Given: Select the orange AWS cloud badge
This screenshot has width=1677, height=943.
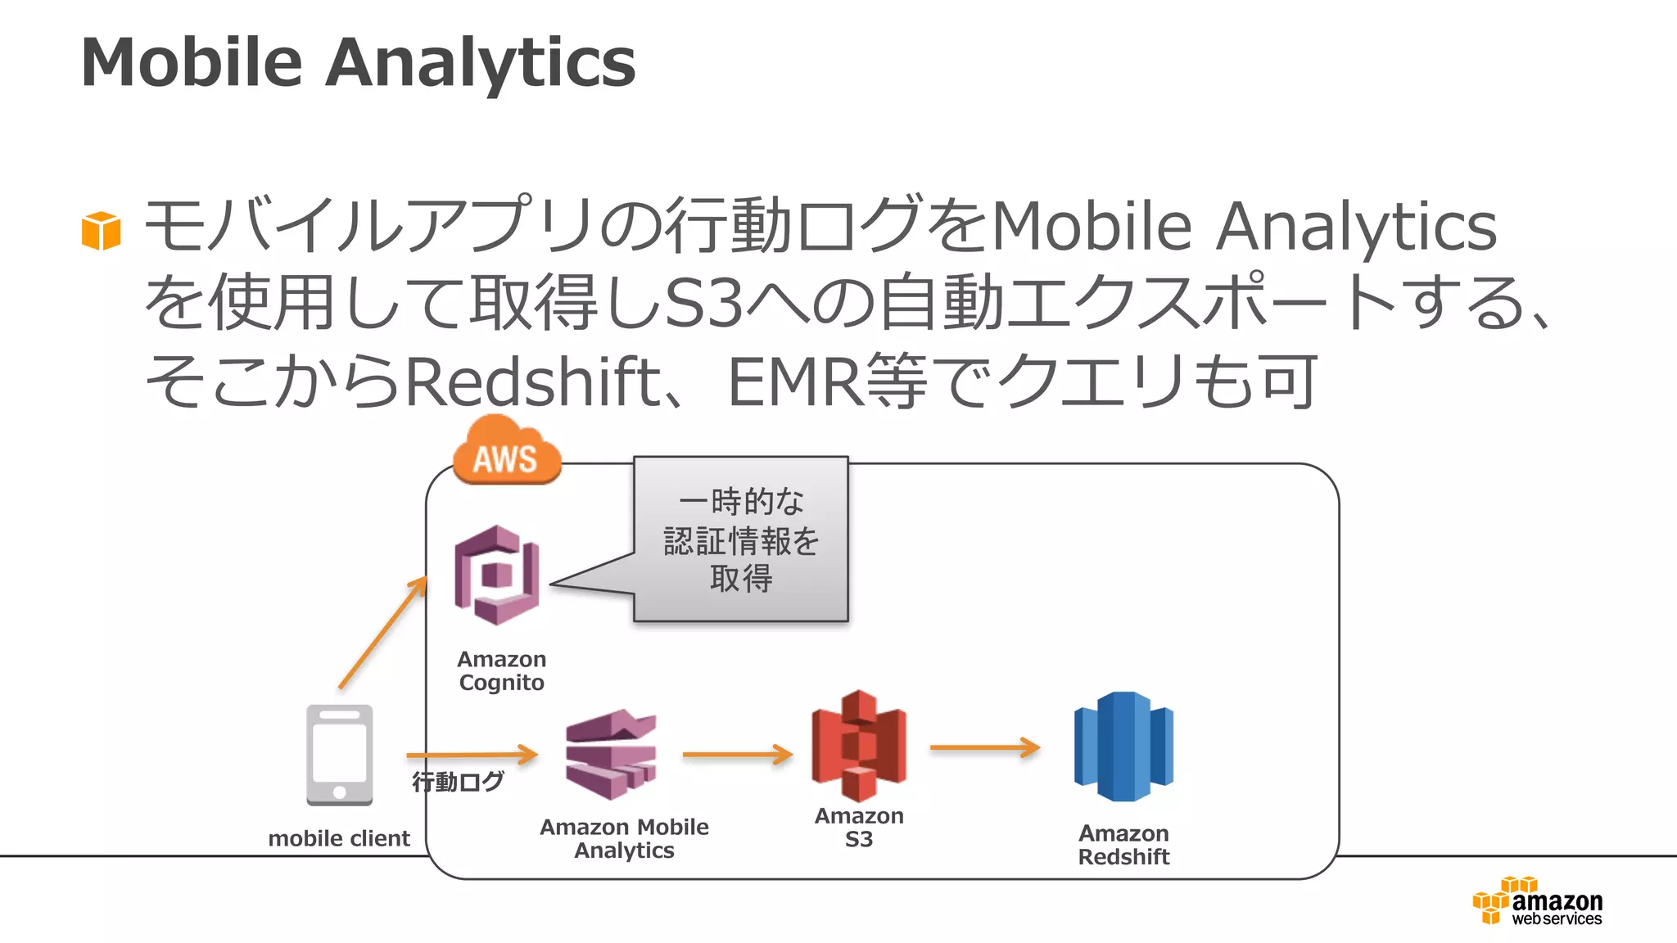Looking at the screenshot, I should (x=506, y=452).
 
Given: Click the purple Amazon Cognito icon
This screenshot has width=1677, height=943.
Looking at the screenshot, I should (x=497, y=575).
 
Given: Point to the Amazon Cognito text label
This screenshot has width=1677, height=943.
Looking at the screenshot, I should (x=501, y=670).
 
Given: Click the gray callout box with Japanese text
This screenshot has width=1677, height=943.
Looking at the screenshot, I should (x=741, y=539).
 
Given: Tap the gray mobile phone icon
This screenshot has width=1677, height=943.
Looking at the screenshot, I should (x=339, y=755).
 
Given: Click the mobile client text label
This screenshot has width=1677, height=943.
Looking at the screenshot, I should (x=339, y=838).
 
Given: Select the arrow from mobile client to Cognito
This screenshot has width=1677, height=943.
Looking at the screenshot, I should (x=383, y=633).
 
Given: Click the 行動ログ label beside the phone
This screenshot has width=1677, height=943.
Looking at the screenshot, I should (x=458, y=782).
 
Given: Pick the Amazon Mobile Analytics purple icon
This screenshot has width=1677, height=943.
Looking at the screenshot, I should (x=611, y=754).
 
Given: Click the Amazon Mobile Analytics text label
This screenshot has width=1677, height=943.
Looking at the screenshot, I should (x=624, y=838).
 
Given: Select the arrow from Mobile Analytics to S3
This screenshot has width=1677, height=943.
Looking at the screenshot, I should (x=737, y=754).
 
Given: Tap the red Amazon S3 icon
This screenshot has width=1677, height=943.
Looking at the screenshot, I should (x=858, y=746).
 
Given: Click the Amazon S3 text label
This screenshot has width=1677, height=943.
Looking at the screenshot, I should (x=859, y=828).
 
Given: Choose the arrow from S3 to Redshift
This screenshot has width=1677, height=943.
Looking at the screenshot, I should (x=984, y=747).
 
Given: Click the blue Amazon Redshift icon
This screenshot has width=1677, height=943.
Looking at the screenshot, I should (x=1123, y=747).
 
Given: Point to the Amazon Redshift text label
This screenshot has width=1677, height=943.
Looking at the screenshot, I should (x=1123, y=845).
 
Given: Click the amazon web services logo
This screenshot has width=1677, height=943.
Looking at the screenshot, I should (x=1538, y=901).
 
